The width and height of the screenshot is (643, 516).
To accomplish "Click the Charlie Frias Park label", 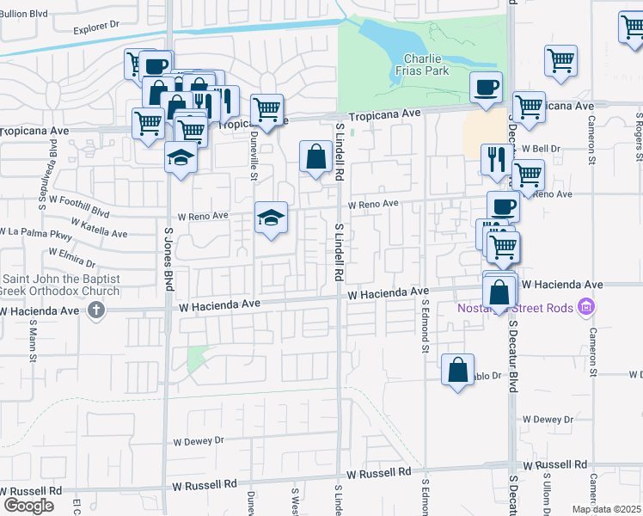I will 423,65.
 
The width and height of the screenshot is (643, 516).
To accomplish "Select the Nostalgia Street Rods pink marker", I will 587,306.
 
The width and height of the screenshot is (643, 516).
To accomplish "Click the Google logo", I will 28,505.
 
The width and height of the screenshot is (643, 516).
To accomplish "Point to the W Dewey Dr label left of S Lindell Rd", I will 198,440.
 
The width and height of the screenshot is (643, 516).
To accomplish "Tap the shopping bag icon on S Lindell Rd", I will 315,157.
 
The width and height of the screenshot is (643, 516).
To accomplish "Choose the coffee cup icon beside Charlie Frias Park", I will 486,86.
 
